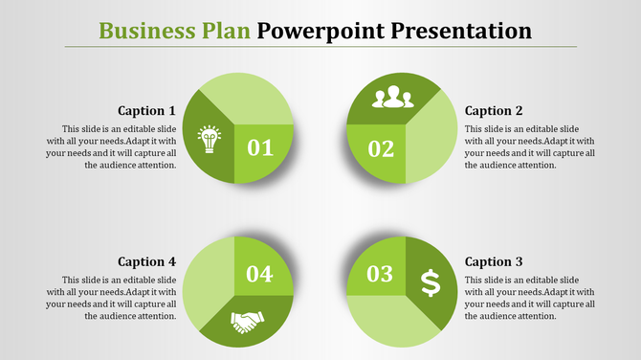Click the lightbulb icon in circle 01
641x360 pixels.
pyautogui.click(x=209, y=140)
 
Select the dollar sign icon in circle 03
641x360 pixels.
pyautogui.click(x=431, y=282)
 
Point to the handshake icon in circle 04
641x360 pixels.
pyautogui.click(x=249, y=323)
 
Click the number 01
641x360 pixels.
pyautogui.click(x=260, y=147)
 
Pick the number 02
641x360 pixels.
pyautogui.click(x=380, y=148)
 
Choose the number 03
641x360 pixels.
pyautogui.click(x=380, y=274)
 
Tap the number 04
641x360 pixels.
pyautogui.click(x=260, y=274)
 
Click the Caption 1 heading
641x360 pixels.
pyautogui.click(x=146, y=110)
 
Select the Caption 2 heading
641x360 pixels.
pyautogui.click(x=495, y=110)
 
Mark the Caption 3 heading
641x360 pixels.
pyautogui.click(x=495, y=261)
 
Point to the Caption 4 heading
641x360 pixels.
pyautogui.click(x=146, y=261)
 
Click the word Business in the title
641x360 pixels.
pyautogui.click(x=143, y=30)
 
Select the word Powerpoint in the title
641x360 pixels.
pyautogui.click(x=320, y=30)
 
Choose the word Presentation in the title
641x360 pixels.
pyautogui.click(x=457, y=30)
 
